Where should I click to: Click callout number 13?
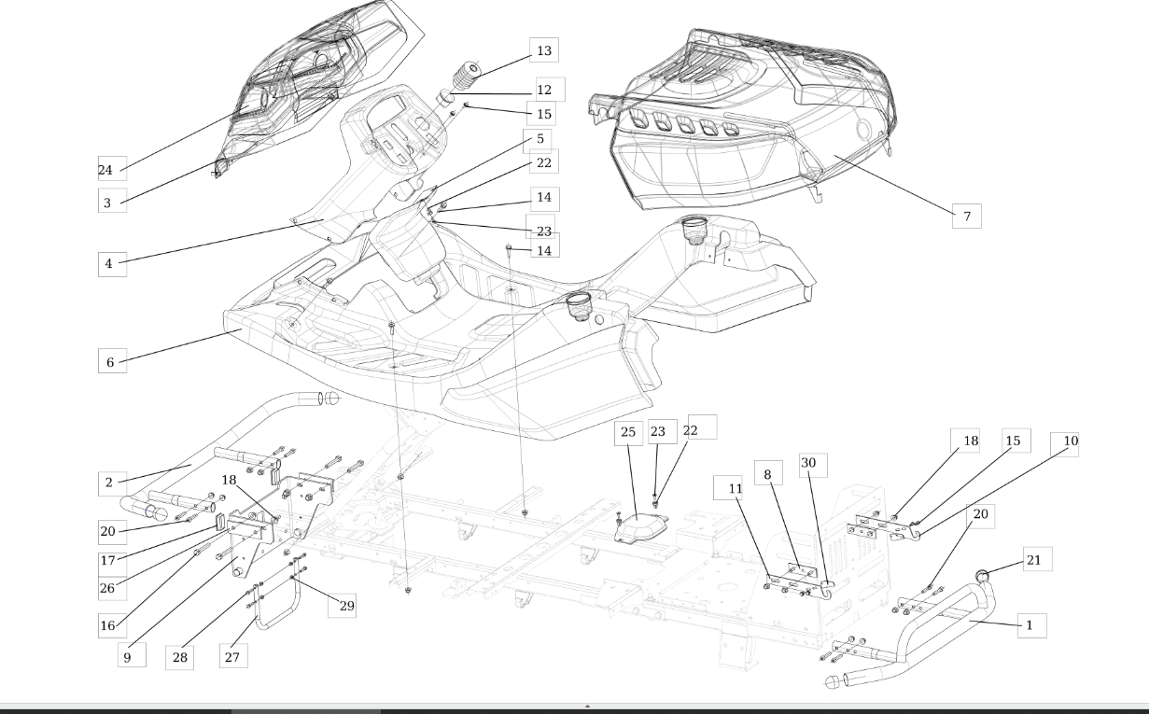(x=544, y=50)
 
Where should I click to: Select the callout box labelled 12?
(x=551, y=90)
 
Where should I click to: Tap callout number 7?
(x=967, y=216)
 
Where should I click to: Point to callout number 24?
(x=112, y=169)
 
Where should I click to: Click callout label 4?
(x=112, y=264)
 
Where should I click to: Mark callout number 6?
(x=112, y=361)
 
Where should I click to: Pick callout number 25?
(x=628, y=433)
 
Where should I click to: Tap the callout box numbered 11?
(x=728, y=487)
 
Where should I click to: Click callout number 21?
(x=1038, y=559)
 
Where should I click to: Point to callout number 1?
(x=1032, y=625)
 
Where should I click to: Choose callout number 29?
(x=343, y=605)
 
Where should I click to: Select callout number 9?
(x=132, y=655)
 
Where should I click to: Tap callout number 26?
(x=112, y=588)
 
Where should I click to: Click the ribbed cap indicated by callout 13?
(x=467, y=75)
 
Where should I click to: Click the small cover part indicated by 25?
(x=641, y=528)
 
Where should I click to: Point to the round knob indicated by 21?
(x=982, y=576)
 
